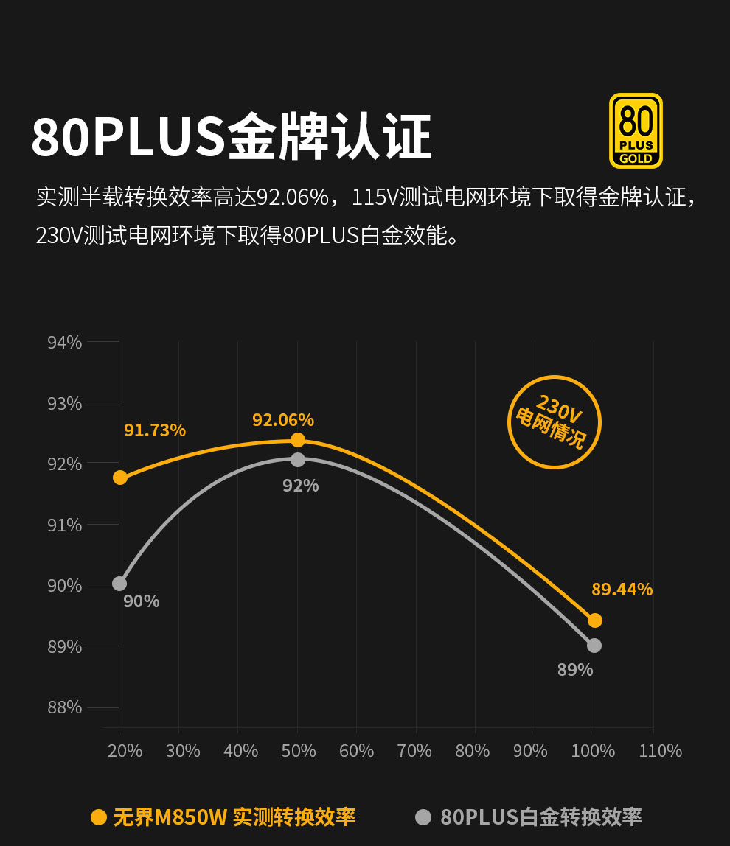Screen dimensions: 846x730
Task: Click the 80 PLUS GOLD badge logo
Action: click(x=636, y=131)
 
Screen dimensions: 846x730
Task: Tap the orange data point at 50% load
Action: click(x=298, y=440)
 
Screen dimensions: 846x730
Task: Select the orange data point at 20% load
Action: click(x=120, y=478)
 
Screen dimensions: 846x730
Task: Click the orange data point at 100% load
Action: click(x=595, y=620)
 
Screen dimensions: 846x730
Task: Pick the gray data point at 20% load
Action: click(x=119, y=584)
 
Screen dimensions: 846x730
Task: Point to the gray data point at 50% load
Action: click(x=298, y=460)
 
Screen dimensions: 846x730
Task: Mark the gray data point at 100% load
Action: click(x=594, y=646)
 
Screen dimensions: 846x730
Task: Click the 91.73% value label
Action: click(x=155, y=430)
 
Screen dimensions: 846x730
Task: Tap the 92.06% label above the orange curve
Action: click(x=283, y=420)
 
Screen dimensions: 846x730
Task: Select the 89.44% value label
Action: click(x=622, y=590)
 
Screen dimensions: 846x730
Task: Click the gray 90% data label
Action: click(x=142, y=601)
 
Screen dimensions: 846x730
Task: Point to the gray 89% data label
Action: click(x=575, y=670)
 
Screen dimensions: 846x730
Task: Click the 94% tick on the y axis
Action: click(x=65, y=343)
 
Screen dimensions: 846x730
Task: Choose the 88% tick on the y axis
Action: click(x=65, y=707)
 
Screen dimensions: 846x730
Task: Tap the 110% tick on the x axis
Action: click(x=661, y=751)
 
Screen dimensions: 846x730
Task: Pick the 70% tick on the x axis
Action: click(x=414, y=751)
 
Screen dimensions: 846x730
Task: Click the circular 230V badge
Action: click(x=555, y=422)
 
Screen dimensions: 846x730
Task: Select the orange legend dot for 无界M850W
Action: click(x=99, y=817)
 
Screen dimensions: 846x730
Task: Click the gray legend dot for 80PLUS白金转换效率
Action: click(x=423, y=817)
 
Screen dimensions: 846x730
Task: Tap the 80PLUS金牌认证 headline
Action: click(x=232, y=137)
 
